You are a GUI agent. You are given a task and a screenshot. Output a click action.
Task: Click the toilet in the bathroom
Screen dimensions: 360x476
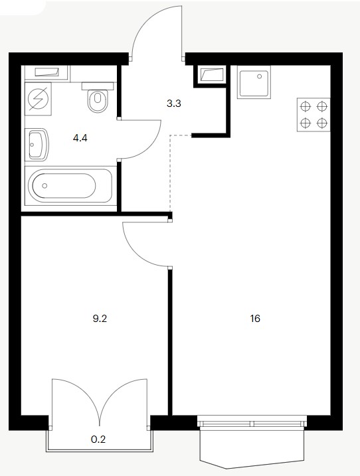(x=98, y=97)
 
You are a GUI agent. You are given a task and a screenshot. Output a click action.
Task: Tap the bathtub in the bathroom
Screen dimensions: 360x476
(x=70, y=185)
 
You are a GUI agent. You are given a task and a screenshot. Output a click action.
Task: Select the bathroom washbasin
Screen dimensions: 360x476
(x=39, y=145)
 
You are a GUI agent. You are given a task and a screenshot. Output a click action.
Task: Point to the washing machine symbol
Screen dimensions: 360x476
(x=38, y=99)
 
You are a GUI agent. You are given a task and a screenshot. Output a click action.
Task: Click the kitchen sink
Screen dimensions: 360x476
(x=254, y=82)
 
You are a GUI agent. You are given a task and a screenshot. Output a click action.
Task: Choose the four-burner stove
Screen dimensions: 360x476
(x=314, y=114)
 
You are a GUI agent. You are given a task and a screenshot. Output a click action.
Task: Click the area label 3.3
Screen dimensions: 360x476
(x=174, y=104)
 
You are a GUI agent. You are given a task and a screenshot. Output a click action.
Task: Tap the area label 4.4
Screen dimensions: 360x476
(x=80, y=139)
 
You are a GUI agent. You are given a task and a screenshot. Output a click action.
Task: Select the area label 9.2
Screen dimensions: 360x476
(x=100, y=319)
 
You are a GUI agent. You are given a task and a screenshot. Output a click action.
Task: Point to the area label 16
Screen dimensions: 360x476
(x=255, y=319)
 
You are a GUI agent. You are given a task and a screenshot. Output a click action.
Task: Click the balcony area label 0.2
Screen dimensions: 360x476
(x=98, y=439)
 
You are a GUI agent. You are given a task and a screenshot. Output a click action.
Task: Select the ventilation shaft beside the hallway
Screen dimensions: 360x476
(x=212, y=74)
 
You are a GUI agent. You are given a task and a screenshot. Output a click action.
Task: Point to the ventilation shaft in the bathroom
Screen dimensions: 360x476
(x=46, y=72)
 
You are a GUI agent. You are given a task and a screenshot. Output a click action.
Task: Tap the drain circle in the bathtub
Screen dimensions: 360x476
(x=45, y=185)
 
